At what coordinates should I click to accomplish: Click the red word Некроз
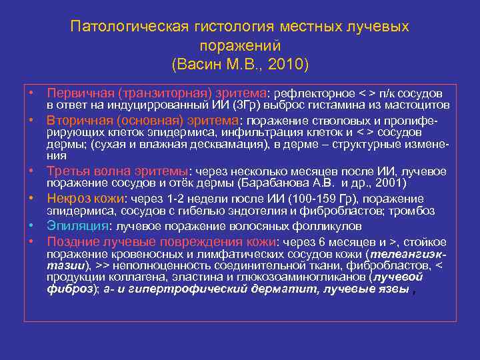[66, 199]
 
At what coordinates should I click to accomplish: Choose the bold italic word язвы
[389, 289]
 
